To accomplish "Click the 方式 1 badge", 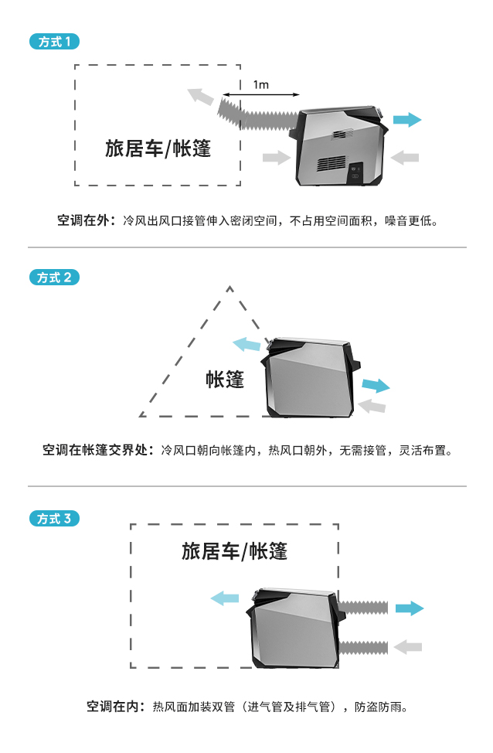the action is (x=54, y=42).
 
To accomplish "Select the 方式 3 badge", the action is (x=54, y=519).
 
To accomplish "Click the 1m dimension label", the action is (x=260, y=85).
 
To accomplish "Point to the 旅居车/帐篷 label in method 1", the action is (x=158, y=148).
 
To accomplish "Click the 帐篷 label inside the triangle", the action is (x=225, y=379).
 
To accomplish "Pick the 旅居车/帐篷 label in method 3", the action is (x=234, y=551).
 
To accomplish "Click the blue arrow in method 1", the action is (x=406, y=120).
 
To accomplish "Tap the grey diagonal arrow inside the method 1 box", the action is (x=201, y=97).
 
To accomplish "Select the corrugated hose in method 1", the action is (x=259, y=114).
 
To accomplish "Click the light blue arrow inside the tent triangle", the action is (x=246, y=344).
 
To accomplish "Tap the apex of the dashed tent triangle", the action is (x=229, y=288).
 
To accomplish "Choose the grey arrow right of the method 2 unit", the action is (x=372, y=405).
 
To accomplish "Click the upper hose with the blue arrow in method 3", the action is (x=363, y=608).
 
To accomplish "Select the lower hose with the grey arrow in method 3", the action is (x=363, y=646).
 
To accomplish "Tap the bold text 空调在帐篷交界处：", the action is (x=98, y=449).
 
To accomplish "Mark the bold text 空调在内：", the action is (x=116, y=706).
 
